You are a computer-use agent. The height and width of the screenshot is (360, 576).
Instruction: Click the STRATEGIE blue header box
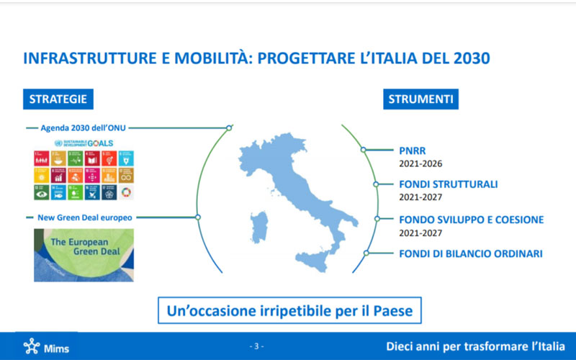click(58, 99)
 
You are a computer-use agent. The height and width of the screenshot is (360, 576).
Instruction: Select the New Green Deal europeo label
click(78, 217)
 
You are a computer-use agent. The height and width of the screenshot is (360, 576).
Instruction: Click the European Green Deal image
click(84, 254)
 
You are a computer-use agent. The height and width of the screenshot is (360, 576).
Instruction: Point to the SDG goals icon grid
click(84, 174)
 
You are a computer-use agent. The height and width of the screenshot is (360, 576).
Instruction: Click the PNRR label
click(413, 151)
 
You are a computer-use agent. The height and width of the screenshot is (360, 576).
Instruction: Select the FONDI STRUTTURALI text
click(448, 184)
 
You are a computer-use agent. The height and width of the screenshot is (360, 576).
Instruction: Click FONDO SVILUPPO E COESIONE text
click(471, 220)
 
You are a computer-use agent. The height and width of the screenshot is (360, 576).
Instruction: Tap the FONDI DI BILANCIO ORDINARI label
click(471, 253)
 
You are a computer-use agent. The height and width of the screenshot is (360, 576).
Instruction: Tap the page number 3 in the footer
click(257, 346)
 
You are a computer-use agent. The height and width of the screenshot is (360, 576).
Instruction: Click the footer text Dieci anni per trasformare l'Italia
click(475, 346)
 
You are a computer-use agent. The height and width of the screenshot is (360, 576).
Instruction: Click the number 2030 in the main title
click(468, 58)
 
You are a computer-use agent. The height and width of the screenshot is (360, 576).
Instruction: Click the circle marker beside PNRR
click(364, 150)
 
